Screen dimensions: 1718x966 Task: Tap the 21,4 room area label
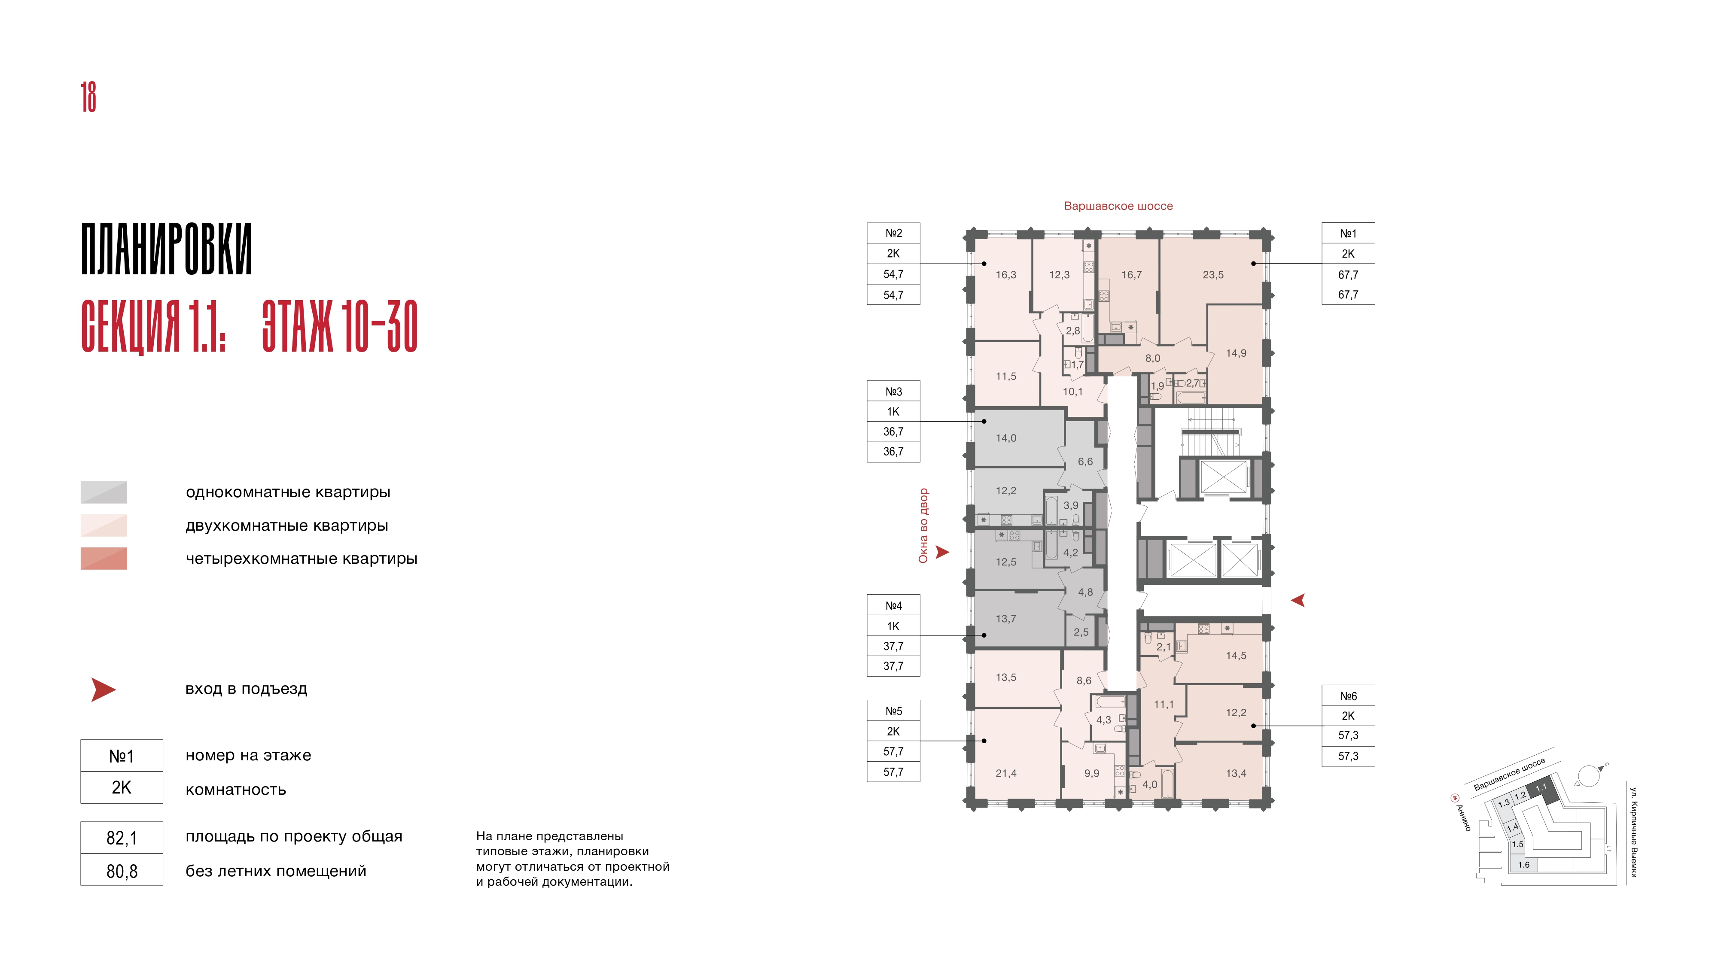(1006, 773)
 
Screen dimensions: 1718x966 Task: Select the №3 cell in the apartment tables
(893, 391)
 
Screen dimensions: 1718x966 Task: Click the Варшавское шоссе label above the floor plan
(1118, 207)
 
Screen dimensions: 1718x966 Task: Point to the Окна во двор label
(923, 526)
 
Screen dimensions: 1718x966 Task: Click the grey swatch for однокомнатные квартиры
(104, 492)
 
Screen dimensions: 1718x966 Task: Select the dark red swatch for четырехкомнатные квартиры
(104, 559)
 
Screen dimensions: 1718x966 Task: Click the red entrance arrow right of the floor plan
(1298, 601)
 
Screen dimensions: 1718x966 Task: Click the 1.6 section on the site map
(1524, 865)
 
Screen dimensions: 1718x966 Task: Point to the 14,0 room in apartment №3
(1006, 438)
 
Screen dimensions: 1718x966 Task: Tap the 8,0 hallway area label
(1152, 358)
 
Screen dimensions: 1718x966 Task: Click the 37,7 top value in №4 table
(893, 646)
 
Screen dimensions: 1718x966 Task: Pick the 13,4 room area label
(1236, 773)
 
